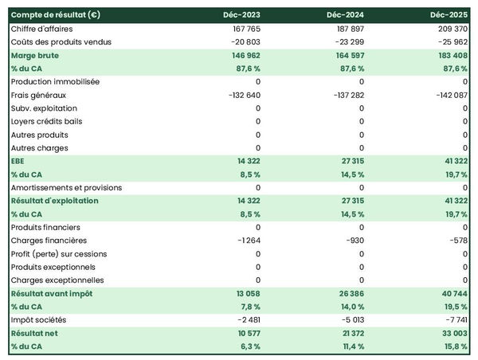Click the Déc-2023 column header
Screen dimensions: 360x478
tap(244, 15)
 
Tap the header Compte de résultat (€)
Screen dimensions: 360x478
tap(55, 15)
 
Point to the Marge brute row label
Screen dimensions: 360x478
tap(35, 56)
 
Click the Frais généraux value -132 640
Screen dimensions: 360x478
tap(241, 95)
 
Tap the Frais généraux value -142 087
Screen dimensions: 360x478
tap(449, 95)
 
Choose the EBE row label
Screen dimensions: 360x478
tap(18, 161)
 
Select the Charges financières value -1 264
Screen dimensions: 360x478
tap(247, 241)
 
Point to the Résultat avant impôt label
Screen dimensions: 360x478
tap(52, 294)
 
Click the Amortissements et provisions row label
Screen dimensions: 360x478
tap(66, 188)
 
